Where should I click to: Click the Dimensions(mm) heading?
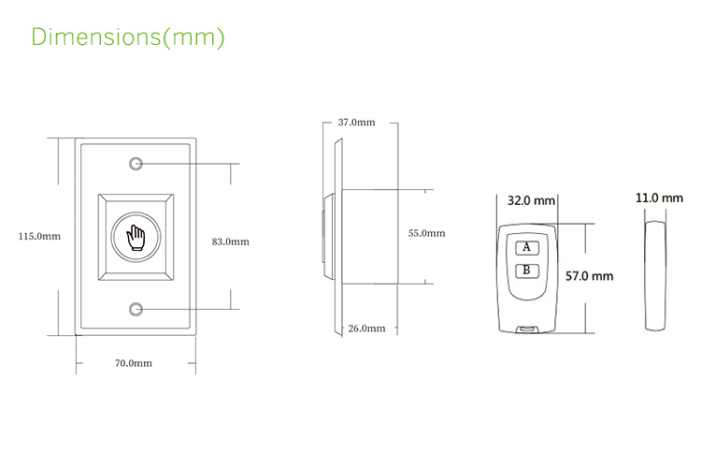click(128, 38)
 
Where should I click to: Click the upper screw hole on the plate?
click(136, 165)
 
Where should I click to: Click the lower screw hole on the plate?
click(136, 309)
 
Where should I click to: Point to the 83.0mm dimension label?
click(230, 241)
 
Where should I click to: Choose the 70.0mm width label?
click(133, 363)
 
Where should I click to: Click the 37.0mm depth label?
click(356, 123)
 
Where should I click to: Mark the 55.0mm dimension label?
click(426, 234)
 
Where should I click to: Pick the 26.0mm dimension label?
click(366, 329)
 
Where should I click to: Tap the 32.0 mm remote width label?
click(531, 200)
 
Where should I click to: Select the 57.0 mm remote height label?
click(590, 276)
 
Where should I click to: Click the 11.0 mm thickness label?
click(659, 198)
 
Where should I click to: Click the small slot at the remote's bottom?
click(529, 329)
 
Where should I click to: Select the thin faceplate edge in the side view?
click(336, 236)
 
